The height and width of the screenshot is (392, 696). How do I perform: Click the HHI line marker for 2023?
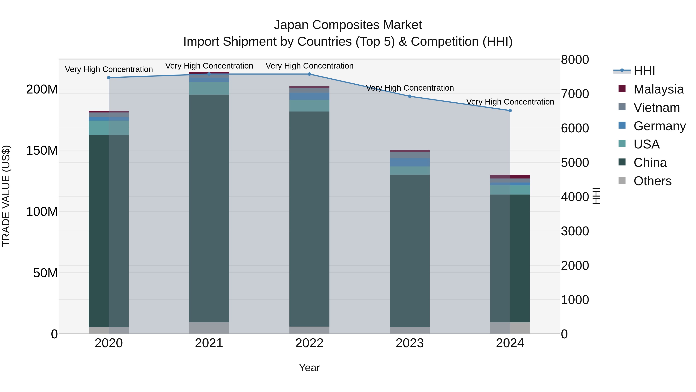coord(410,96)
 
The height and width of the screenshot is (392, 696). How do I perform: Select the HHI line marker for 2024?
coord(510,111)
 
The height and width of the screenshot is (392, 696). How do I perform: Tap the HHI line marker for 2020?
coord(109,78)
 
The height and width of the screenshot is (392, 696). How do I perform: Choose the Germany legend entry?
coord(659,126)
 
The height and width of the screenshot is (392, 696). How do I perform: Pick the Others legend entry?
coord(652,181)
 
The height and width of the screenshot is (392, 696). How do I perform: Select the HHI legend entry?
coord(644,71)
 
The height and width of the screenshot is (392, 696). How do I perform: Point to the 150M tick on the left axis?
coord(42,150)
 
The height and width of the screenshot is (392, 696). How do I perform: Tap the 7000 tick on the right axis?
coord(575,94)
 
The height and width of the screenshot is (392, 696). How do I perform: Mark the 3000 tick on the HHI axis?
coord(575,231)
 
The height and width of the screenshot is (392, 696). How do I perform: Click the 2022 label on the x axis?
coord(309,343)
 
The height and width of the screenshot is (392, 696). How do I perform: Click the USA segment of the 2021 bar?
coord(209,88)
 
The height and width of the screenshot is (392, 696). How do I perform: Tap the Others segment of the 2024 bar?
coord(510,328)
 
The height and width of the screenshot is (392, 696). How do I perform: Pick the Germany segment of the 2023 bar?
coord(410,162)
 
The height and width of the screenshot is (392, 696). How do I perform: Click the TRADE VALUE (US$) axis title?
coord(6,196)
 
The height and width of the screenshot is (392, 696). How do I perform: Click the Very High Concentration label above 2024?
coord(510,102)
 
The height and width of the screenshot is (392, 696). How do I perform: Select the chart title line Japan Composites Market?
coord(348,25)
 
